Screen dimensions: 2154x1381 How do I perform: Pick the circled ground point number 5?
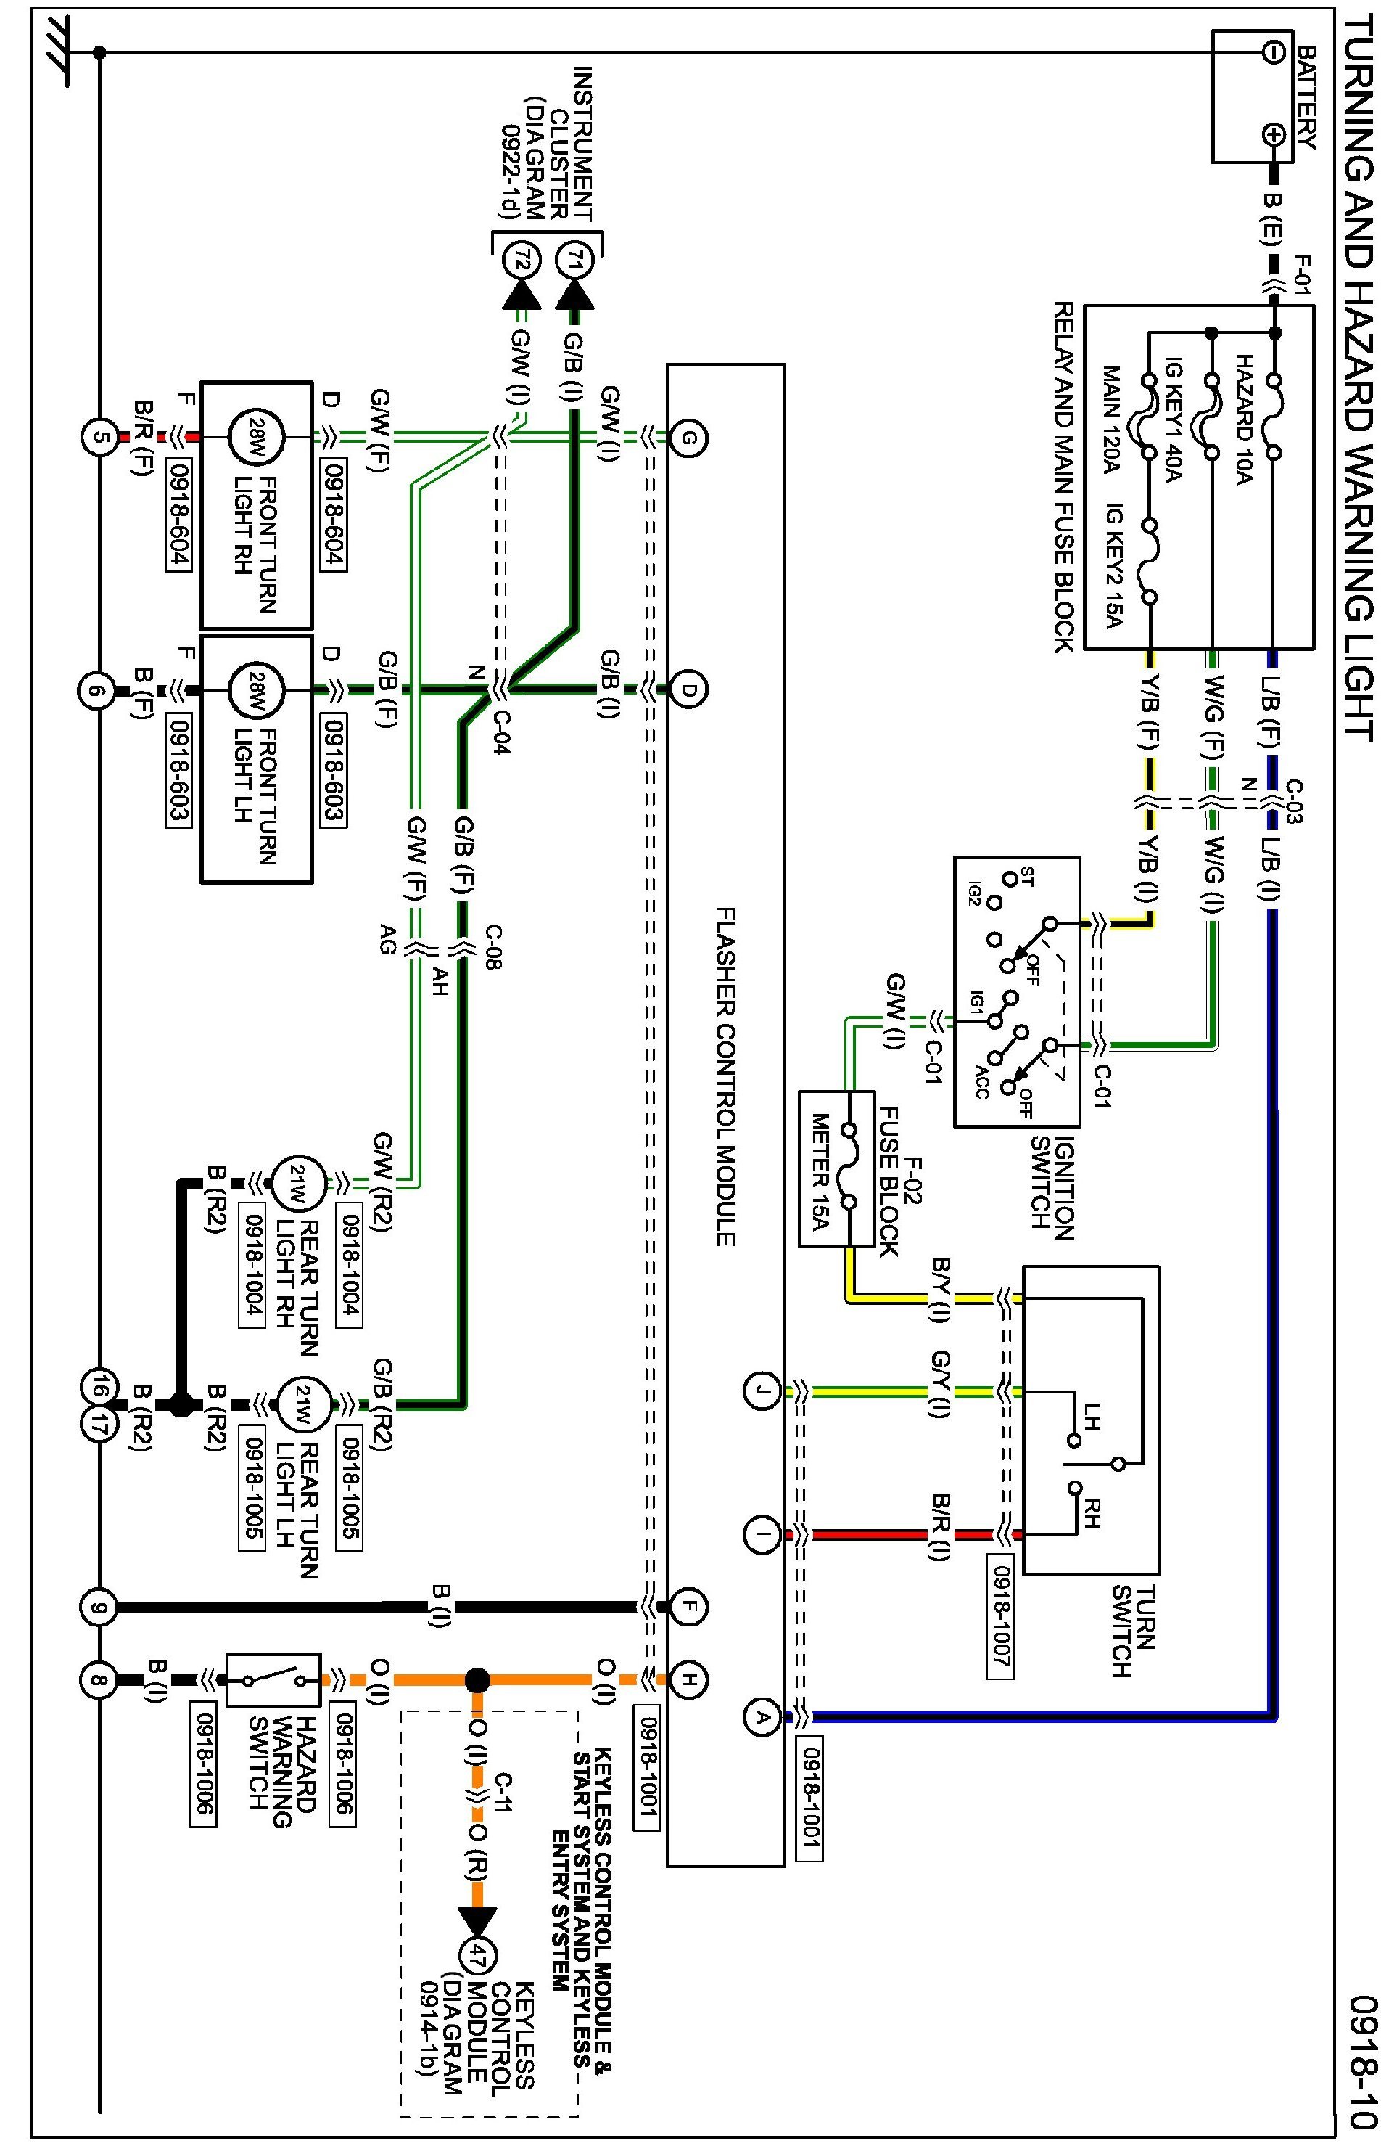point(99,438)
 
